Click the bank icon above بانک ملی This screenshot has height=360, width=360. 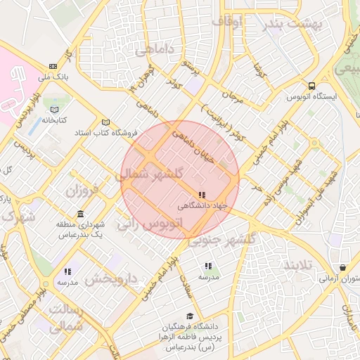[53, 66]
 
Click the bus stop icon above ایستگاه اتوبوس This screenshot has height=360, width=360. [311, 86]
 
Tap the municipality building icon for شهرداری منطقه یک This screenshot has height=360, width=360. [81, 214]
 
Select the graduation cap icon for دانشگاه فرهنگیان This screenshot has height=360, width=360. [189, 317]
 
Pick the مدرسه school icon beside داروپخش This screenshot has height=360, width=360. [67, 271]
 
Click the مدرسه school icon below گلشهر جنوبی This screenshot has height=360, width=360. [208, 266]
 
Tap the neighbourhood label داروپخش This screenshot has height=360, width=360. [110, 279]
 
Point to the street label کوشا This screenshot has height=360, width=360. [261, 70]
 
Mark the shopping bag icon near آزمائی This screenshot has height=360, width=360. [342, 268]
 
